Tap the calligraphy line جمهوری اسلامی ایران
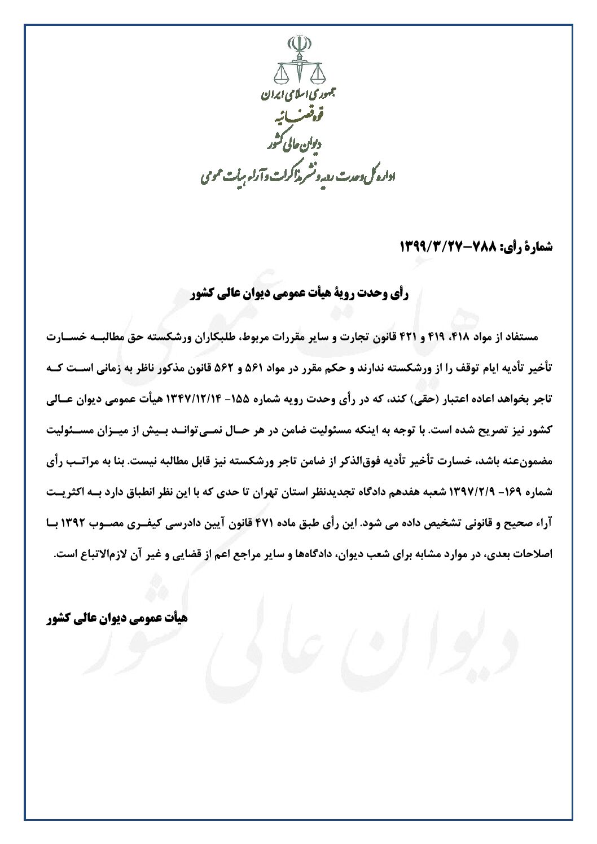298,97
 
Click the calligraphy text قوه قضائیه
298,119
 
